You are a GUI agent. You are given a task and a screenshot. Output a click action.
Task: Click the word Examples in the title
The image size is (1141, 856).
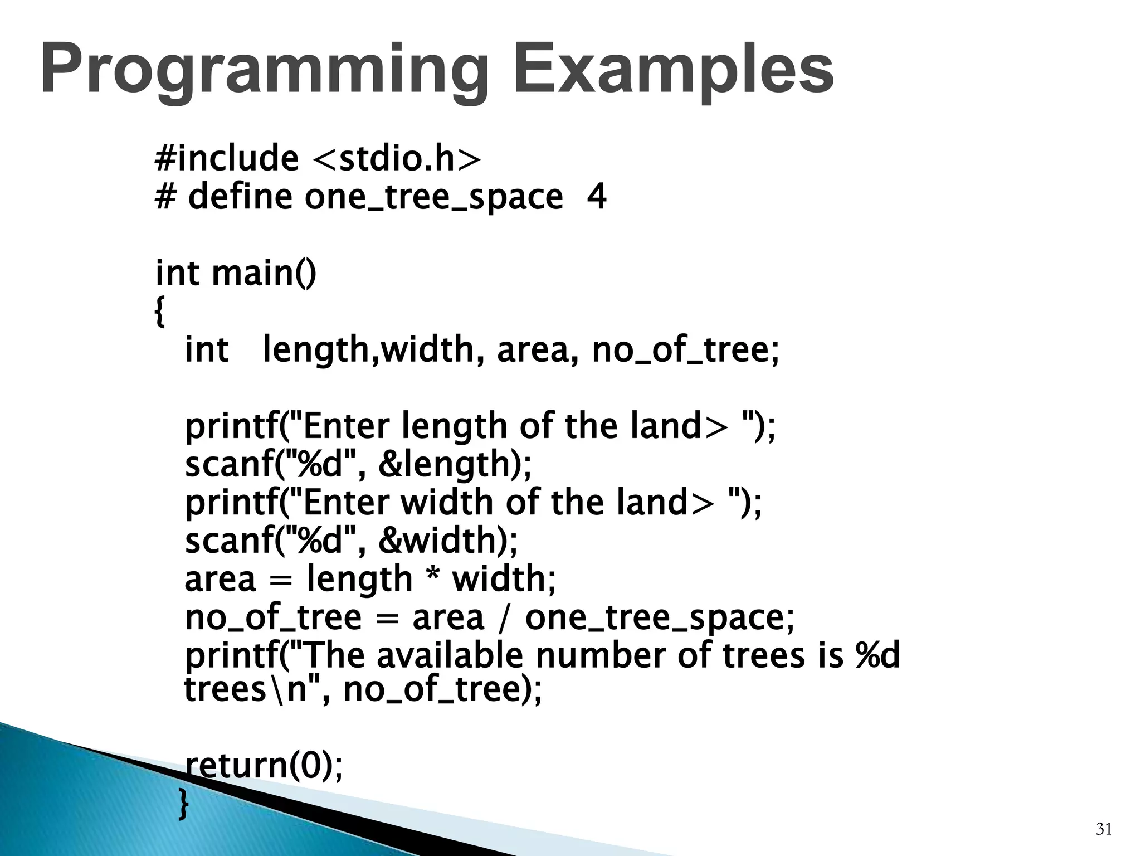(673, 71)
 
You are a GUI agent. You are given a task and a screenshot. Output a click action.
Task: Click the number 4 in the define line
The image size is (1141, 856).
(597, 197)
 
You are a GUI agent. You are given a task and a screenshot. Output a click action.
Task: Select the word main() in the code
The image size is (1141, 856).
(264, 274)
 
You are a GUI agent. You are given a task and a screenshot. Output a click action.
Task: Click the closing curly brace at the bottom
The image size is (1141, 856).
(183, 804)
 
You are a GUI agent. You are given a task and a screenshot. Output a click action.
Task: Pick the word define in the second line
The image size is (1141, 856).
(240, 197)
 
